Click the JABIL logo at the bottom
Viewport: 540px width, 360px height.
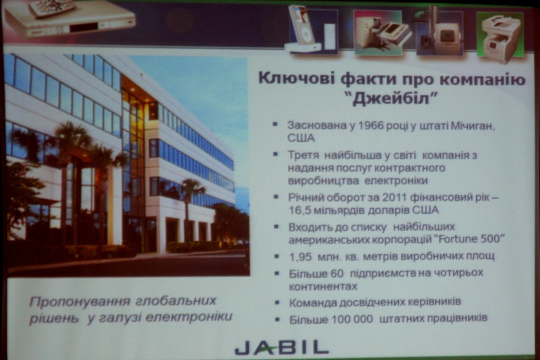point(282,347)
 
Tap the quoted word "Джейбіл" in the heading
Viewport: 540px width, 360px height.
point(392,99)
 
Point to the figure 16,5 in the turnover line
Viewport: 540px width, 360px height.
point(300,210)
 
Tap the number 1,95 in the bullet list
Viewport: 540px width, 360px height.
point(300,256)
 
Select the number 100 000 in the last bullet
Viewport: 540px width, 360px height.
point(352,319)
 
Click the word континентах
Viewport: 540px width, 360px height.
point(323,286)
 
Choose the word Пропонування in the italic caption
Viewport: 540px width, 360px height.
point(80,302)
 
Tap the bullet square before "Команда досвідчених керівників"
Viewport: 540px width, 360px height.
point(277,302)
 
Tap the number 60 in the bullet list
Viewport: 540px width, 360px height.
point(337,274)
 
